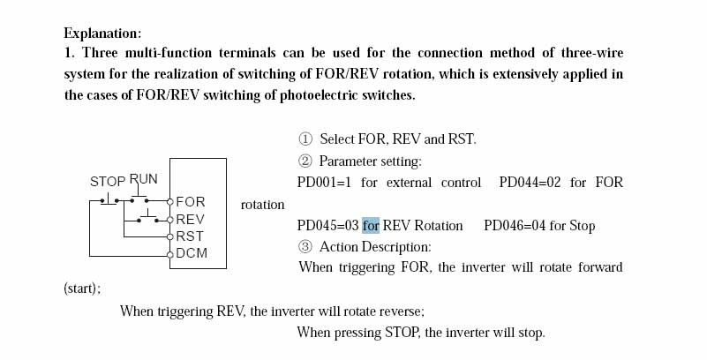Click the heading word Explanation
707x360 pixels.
pyautogui.click(x=102, y=34)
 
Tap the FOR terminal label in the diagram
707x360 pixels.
pyautogui.click(x=191, y=202)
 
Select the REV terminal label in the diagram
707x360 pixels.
pyautogui.click(x=191, y=219)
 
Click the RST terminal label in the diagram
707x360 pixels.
pyautogui.click(x=190, y=236)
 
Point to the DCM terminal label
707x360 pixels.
pyautogui.click(x=192, y=253)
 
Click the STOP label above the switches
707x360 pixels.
pyautogui.click(x=108, y=182)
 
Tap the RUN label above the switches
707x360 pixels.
pyautogui.click(x=144, y=179)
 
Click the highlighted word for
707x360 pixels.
pyautogui.click(x=371, y=225)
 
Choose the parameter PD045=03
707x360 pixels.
pyautogui.click(x=327, y=225)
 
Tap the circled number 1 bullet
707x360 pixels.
pyautogui.click(x=306, y=139)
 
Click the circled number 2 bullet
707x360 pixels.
pyautogui.click(x=306, y=161)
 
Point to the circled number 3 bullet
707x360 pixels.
pyautogui.click(x=306, y=247)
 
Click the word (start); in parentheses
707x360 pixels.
pyautogui.click(x=82, y=289)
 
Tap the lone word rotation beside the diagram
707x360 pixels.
pyautogui.click(x=262, y=205)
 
